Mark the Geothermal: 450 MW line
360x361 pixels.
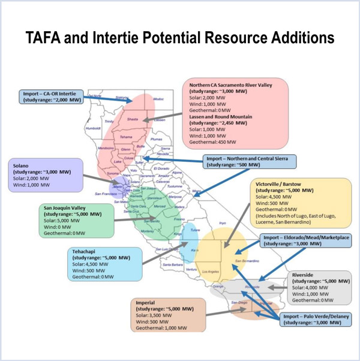click(212, 143)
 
